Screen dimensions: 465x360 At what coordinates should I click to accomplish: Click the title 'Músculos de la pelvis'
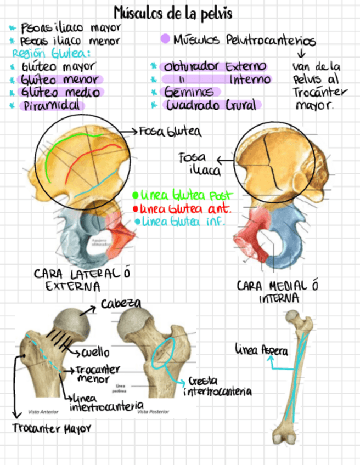click(173, 13)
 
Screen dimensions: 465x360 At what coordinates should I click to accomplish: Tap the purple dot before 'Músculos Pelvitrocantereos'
click(165, 39)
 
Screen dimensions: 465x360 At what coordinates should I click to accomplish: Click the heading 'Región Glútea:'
click(51, 53)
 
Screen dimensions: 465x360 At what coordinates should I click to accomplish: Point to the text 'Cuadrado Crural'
click(211, 105)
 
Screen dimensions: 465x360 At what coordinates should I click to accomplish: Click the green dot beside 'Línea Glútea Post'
click(135, 195)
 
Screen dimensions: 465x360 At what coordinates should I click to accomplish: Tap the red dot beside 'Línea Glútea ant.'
click(135, 209)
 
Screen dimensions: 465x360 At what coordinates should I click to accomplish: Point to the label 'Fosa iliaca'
click(192, 164)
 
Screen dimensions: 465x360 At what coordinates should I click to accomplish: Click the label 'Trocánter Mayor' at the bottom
click(52, 428)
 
